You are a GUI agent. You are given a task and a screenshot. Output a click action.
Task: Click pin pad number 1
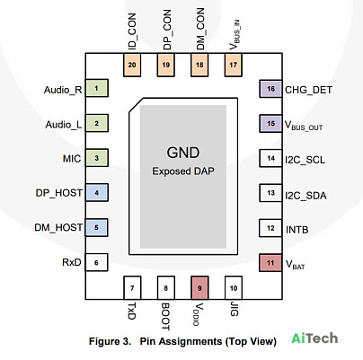pos(97,88)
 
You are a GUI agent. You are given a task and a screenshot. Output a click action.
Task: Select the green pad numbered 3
pos(97,158)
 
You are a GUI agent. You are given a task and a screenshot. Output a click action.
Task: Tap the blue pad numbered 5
pos(96,227)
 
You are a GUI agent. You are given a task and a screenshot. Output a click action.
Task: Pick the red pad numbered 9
pos(199,288)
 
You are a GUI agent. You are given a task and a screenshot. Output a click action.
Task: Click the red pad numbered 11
pos(270,263)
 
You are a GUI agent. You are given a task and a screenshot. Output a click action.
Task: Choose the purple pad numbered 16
pos(270,89)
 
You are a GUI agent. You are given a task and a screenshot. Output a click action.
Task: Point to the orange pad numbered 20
pos(132,65)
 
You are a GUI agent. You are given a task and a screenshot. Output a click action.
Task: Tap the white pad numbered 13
pos(270,193)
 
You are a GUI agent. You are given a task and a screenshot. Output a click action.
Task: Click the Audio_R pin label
pos(63,90)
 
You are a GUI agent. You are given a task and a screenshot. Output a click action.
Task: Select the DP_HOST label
pos(59,193)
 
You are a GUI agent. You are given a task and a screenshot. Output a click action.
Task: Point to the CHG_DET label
pos(308,90)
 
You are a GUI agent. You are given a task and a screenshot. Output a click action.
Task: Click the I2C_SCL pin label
pos(305,160)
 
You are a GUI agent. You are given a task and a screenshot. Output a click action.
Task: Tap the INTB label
pos(297,230)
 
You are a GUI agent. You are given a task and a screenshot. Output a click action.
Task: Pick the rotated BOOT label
pos(165,317)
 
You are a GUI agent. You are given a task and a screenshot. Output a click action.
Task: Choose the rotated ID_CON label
pos(132,31)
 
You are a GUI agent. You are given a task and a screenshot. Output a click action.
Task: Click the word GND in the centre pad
pos(183,153)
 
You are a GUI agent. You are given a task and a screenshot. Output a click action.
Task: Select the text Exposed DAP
pos(183,171)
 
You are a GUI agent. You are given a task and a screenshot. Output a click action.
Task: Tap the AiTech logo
pos(314,338)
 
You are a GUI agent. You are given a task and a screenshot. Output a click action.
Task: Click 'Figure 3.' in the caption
pos(110,341)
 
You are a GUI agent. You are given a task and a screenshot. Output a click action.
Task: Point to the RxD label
pos(72,262)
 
